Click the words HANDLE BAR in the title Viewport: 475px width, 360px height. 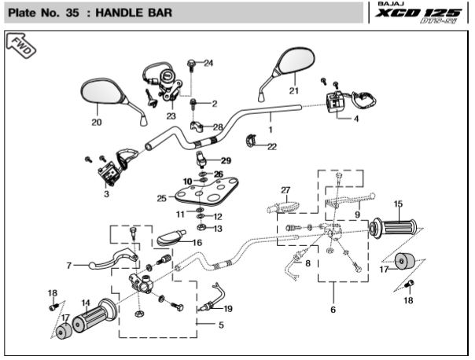coord(127,13)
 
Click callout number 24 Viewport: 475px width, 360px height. coord(208,63)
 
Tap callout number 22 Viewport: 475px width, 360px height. coord(272,146)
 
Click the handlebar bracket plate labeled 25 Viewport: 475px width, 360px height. coord(205,193)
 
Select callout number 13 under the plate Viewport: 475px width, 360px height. coord(218,228)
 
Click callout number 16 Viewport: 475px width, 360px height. coord(197,243)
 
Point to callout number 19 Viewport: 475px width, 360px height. coord(228,308)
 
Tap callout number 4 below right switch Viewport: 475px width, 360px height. coord(355,119)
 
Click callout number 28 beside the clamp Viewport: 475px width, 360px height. coord(218,127)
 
